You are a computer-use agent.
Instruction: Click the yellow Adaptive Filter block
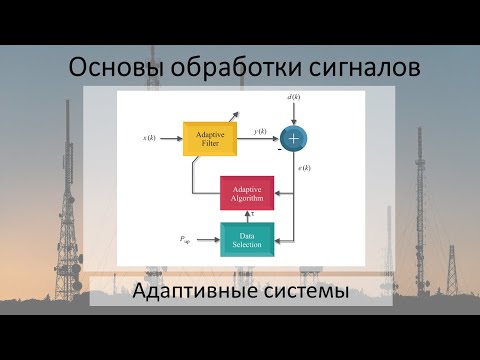pyautogui.click(x=209, y=139)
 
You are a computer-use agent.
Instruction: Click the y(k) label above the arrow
pyautogui.click(x=260, y=131)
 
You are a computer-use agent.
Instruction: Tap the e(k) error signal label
pyautogui.click(x=303, y=167)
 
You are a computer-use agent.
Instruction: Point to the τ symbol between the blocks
pyautogui.click(x=253, y=214)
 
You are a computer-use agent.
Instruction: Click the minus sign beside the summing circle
pyautogui.click(x=280, y=150)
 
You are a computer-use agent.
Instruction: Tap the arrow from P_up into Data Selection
pyautogui.click(x=204, y=239)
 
